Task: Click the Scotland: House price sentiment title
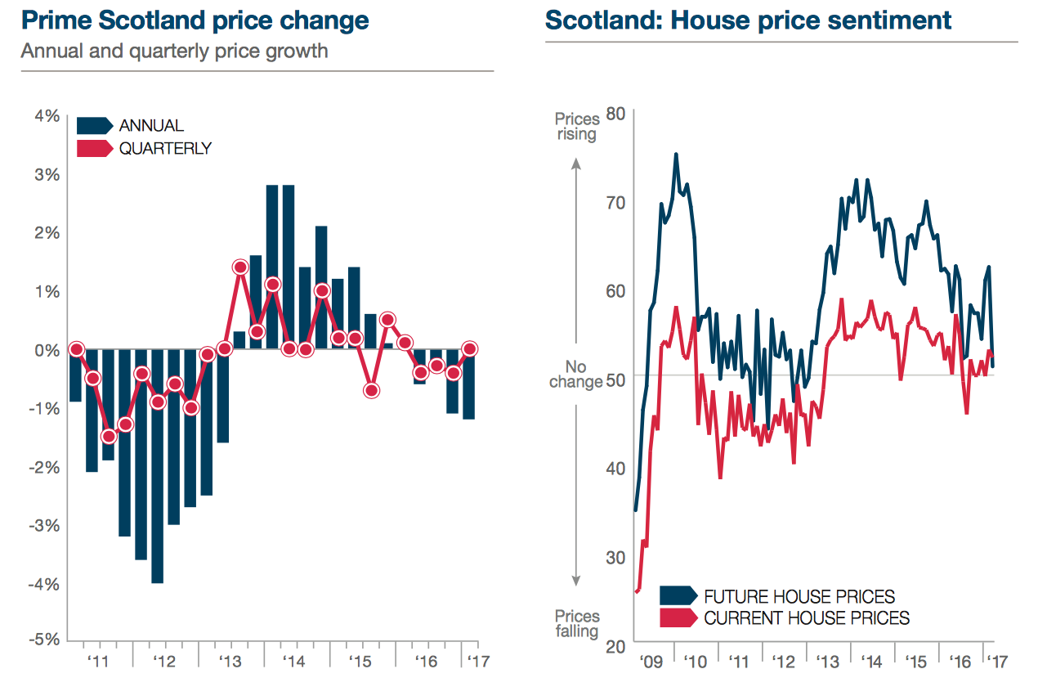[748, 20]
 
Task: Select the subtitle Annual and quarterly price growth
[174, 51]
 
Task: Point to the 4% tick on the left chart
[47, 115]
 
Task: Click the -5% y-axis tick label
[45, 640]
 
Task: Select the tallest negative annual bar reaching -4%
[157, 466]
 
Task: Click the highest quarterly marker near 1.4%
[240, 267]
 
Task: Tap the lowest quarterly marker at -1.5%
[109, 436]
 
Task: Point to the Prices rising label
[577, 127]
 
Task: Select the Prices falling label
[577, 623]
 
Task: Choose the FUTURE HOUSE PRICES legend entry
[799, 596]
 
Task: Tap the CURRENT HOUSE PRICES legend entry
[806, 617]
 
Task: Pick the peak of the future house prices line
[676, 154]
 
